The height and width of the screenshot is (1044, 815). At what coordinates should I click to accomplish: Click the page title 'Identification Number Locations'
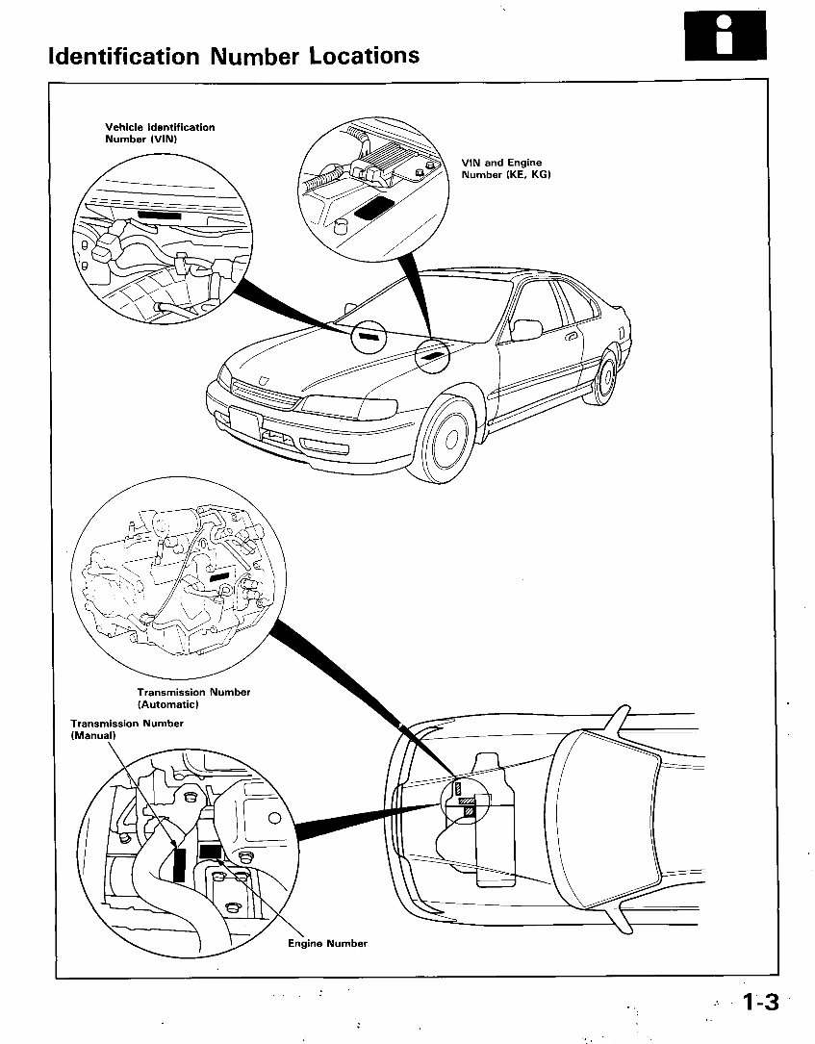tap(234, 55)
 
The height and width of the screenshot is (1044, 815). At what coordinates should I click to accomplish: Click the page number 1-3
tap(759, 1003)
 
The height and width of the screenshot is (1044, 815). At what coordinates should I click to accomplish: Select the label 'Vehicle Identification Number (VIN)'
tap(160, 133)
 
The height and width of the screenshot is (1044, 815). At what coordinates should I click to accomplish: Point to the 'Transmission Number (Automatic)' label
tap(193, 698)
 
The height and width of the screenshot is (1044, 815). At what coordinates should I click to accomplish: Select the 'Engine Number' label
tap(327, 943)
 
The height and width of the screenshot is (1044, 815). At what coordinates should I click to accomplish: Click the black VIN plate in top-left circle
tap(166, 216)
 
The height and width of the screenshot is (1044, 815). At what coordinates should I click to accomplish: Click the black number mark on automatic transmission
tap(219, 575)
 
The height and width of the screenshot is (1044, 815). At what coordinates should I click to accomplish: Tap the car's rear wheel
tap(606, 379)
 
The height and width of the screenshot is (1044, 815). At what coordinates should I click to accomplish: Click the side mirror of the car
tap(526, 330)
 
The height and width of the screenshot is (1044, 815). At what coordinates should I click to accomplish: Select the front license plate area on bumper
tap(246, 421)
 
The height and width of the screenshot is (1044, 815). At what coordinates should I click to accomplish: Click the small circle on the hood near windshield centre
tap(369, 337)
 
